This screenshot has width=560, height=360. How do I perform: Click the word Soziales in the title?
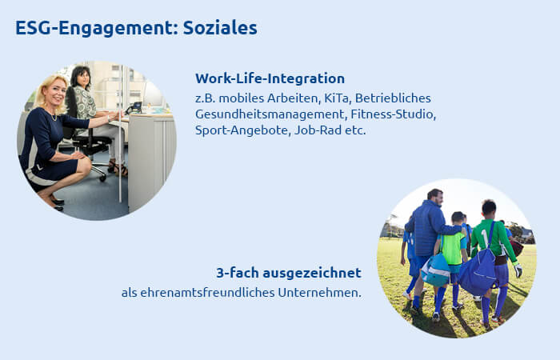220,27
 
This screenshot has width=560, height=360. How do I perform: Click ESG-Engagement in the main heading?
97,29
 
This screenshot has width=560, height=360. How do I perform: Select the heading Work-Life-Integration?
270,78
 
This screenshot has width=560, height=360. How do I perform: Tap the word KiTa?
337,98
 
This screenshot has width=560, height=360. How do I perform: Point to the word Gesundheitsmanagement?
271,114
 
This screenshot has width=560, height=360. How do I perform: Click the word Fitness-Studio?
393,114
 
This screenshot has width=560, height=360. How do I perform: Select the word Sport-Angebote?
243,130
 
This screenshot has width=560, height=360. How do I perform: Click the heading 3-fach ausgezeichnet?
289,273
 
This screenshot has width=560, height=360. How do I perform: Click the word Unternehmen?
319,293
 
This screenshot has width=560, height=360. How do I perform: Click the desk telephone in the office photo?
135,107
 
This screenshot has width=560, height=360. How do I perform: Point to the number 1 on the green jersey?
485,238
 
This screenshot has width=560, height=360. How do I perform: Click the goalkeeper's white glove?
518,270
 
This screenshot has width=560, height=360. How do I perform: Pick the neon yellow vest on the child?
454,247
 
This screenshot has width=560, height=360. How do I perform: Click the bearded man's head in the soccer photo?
435,197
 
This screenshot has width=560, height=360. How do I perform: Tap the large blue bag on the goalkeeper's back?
477,270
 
